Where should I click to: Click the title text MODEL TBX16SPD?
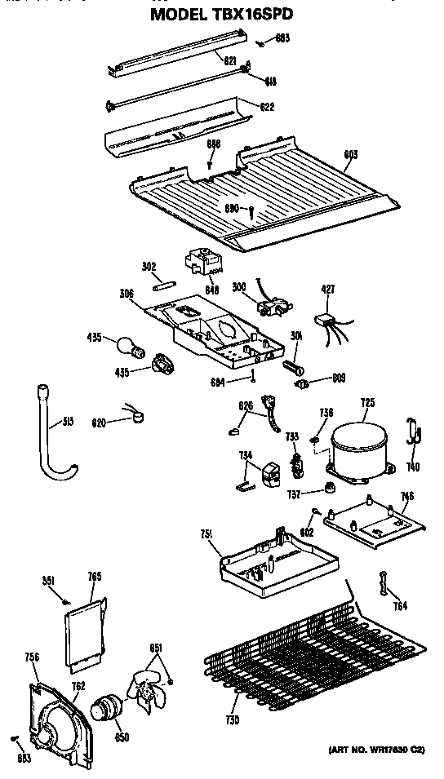(x=222, y=14)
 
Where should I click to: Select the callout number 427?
(x=327, y=289)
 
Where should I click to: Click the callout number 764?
(x=401, y=606)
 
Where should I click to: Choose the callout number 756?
(x=32, y=657)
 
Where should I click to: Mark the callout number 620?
(x=100, y=422)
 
